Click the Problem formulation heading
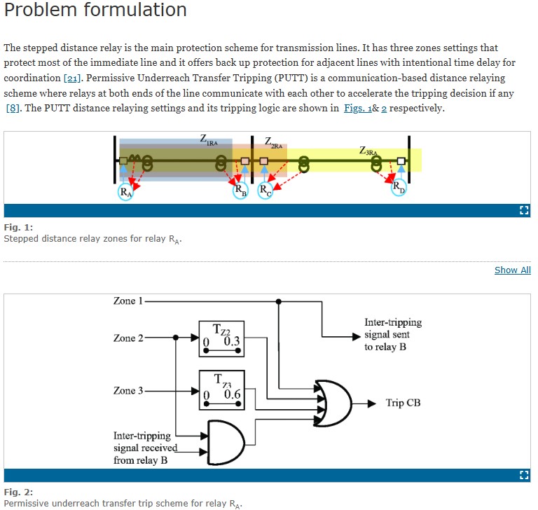pyautogui.click(x=95, y=11)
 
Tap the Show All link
pyautogui.click(x=512, y=270)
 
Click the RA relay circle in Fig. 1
pyautogui.click(x=125, y=191)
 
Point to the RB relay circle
pyautogui.click(x=240, y=190)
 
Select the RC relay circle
pyautogui.click(x=265, y=190)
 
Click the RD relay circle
pyautogui.click(x=398, y=188)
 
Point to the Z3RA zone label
pyautogui.click(x=368, y=151)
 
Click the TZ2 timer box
pyautogui.click(x=221, y=338)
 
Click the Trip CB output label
pyautogui.click(x=403, y=403)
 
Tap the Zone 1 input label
pyautogui.click(x=127, y=301)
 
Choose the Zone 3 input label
pyautogui.click(x=127, y=390)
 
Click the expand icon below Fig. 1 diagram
pyautogui.click(x=523, y=210)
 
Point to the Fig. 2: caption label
pyautogui.click(x=18, y=492)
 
